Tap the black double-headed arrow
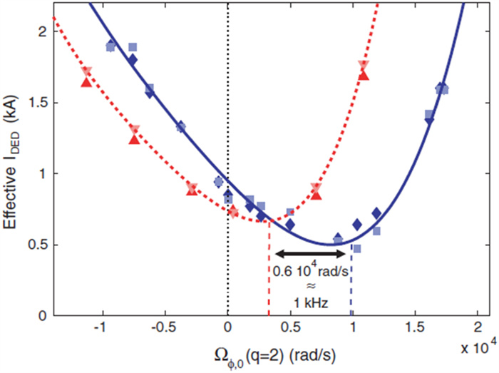[311, 253]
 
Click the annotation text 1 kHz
[312, 303]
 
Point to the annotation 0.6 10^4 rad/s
[312, 270]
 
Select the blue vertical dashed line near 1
[351, 285]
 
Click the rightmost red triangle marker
[364, 72]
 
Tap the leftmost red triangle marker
[87, 80]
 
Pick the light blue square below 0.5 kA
[356, 248]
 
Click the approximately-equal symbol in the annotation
[312, 287]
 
